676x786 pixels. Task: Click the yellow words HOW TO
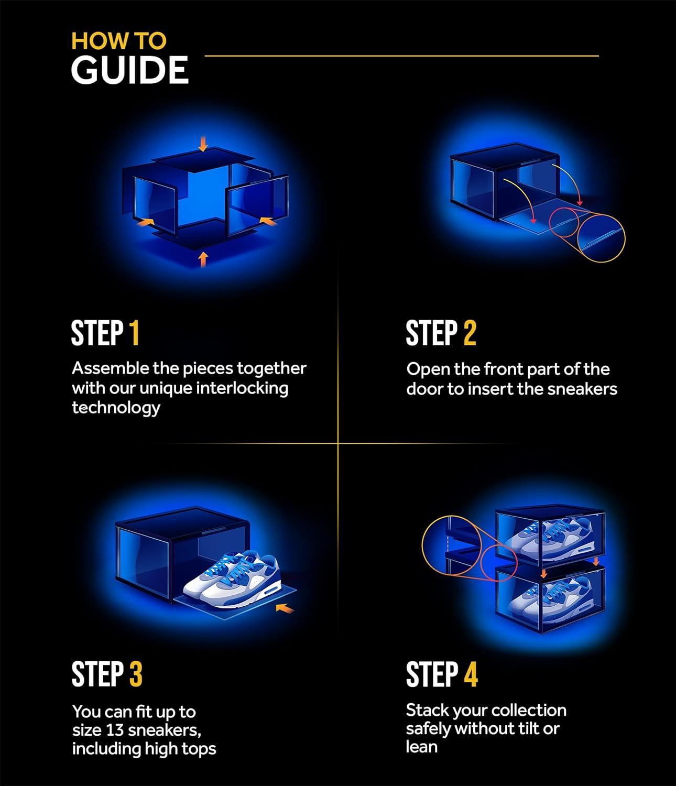tap(118, 41)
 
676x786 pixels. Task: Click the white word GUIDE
tap(129, 70)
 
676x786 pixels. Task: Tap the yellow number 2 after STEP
tap(470, 333)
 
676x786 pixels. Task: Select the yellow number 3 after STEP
tap(136, 674)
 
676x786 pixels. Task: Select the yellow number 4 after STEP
tap(471, 674)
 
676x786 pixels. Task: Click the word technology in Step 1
tap(116, 408)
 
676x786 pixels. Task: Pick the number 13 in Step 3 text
tap(115, 730)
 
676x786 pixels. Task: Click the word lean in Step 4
tap(422, 747)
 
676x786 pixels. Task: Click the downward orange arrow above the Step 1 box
tap(203, 144)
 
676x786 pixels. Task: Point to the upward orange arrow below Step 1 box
tap(203, 259)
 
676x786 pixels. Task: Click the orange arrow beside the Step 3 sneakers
tap(285, 609)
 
